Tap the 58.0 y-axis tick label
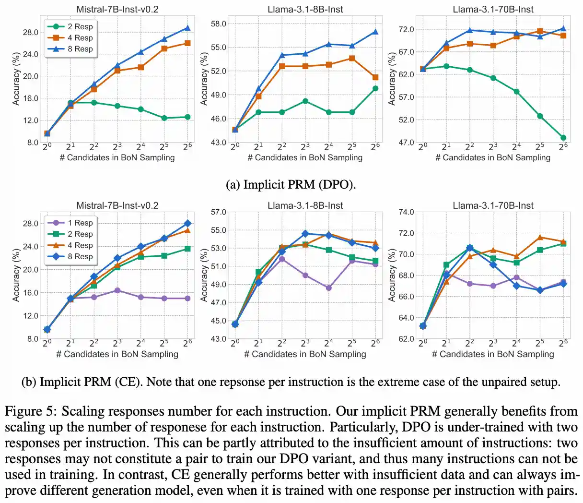click(219, 24)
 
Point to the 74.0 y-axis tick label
click(407, 212)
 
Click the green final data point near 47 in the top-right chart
click(563, 138)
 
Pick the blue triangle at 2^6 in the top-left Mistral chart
click(187, 28)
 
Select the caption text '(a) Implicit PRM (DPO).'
click(291, 185)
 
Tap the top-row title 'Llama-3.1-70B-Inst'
click(493, 9)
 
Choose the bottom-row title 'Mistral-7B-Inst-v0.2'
click(117, 205)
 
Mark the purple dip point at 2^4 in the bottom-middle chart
click(328, 288)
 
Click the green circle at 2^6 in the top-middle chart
click(375, 88)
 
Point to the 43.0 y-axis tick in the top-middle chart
click(219, 143)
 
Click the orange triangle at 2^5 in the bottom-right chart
click(540, 237)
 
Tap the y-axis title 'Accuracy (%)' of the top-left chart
click(17, 79)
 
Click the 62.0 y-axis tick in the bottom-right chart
click(407, 339)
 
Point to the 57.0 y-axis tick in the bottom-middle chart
click(219, 212)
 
